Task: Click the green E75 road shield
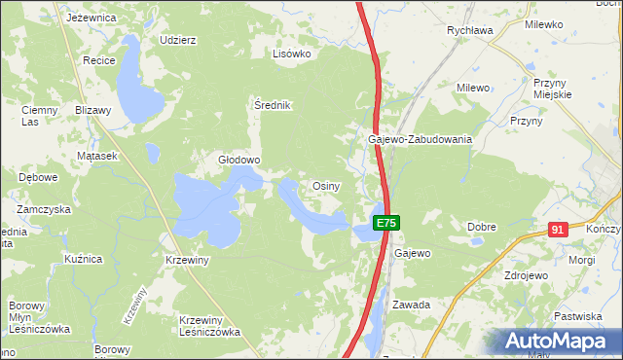coord(385,223)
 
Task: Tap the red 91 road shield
coord(557,230)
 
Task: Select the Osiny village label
coord(324,185)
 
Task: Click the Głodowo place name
coord(239,160)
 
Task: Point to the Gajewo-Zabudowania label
coord(420,139)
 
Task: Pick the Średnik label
coord(273,104)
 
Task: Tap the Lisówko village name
coord(291,54)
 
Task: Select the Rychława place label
coord(470,30)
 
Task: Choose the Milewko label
coord(543,24)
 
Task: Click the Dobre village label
coord(482,227)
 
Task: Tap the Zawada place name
coord(411,305)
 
